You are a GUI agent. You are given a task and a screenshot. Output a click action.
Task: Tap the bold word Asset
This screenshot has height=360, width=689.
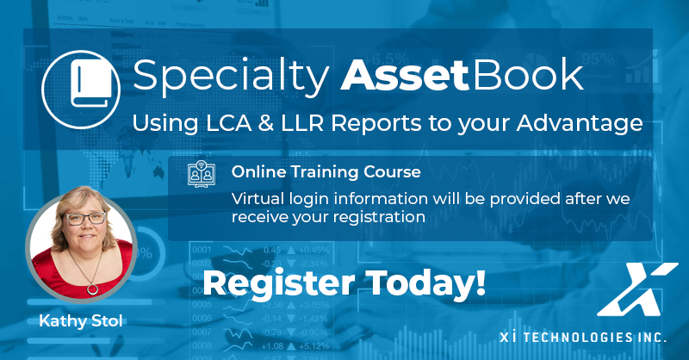pyautogui.click(x=405, y=76)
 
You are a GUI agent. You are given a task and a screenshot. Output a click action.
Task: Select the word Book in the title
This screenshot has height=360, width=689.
pyautogui.click(x=528, y=75)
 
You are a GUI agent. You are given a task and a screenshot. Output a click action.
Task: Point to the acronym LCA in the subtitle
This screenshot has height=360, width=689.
pyautogui.click(x=229, y=123)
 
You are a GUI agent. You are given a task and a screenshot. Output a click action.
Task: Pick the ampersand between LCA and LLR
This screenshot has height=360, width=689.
pyautogui.click(x=266, y=123)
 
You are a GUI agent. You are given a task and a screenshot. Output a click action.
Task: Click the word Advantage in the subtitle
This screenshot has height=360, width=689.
pyautogui.click(x=580, y=124)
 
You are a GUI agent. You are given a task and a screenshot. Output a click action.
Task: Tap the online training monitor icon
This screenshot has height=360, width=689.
pyautogui.click(x=202, y=174)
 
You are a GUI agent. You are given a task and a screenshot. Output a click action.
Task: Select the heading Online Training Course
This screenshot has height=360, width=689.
pyautogui.click(x=326, y=172)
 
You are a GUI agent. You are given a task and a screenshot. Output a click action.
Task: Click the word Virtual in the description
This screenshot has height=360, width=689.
pyautogui.click(x=258, y=199)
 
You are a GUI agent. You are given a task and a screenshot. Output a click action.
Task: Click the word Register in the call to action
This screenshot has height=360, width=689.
pyautogui.click(x=278, y=283)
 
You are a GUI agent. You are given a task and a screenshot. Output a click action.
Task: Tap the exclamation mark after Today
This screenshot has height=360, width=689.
pyautogui.click(x=481, y=282)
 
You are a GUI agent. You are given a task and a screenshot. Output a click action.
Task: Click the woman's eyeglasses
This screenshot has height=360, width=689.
pyautogui.click(x=85, y=218)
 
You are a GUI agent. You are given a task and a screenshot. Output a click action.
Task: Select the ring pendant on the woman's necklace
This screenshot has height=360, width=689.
pyautogui.click(x=93, y=289)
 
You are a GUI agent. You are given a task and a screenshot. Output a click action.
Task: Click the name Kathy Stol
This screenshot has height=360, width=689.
pyautogui.click(x=81, y=321)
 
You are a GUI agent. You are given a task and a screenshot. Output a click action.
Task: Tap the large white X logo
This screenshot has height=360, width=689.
pyautogui.click(x=637, y=289)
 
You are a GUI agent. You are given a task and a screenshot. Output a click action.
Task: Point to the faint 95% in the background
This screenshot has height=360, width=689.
pyautogui.click(x=598, y=59)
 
